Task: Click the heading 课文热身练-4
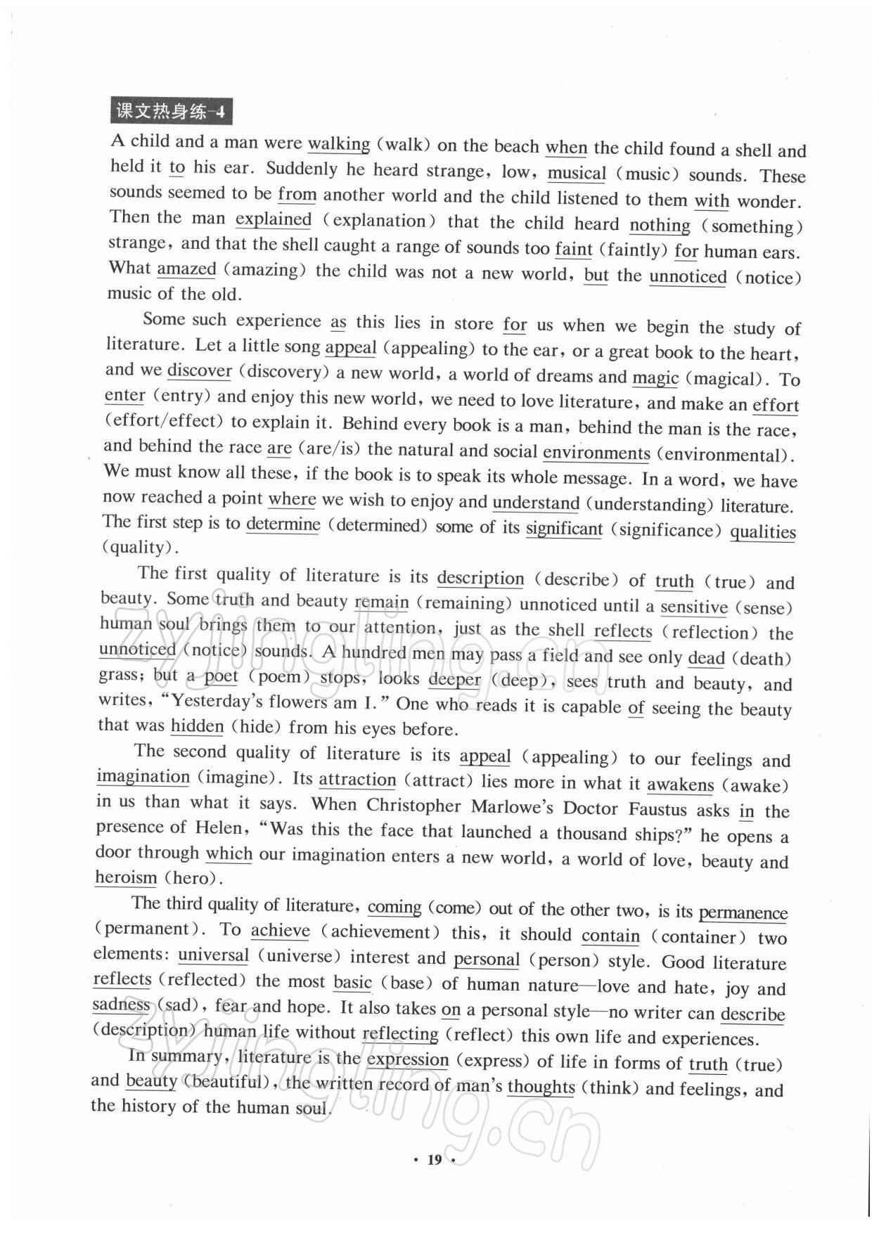point(171,112)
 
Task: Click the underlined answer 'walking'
point(339,144)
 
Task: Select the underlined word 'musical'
point(577,173)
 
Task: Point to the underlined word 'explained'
point(273,219)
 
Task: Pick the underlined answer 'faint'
point(573,249)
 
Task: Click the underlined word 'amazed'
point(186,269)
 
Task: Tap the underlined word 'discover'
point(200,370)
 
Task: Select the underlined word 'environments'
point(596,453)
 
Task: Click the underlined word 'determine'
point(283,524)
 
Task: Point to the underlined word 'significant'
point(564,528)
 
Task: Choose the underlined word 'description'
point(480,578)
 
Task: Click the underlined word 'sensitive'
point(693,607)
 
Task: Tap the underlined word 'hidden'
point(197,726)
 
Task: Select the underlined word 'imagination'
point(143,777)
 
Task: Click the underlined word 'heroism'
point(126,877)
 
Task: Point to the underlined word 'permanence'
point(743,913)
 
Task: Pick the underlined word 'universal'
point(213,955)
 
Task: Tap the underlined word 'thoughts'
point(541,1087)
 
